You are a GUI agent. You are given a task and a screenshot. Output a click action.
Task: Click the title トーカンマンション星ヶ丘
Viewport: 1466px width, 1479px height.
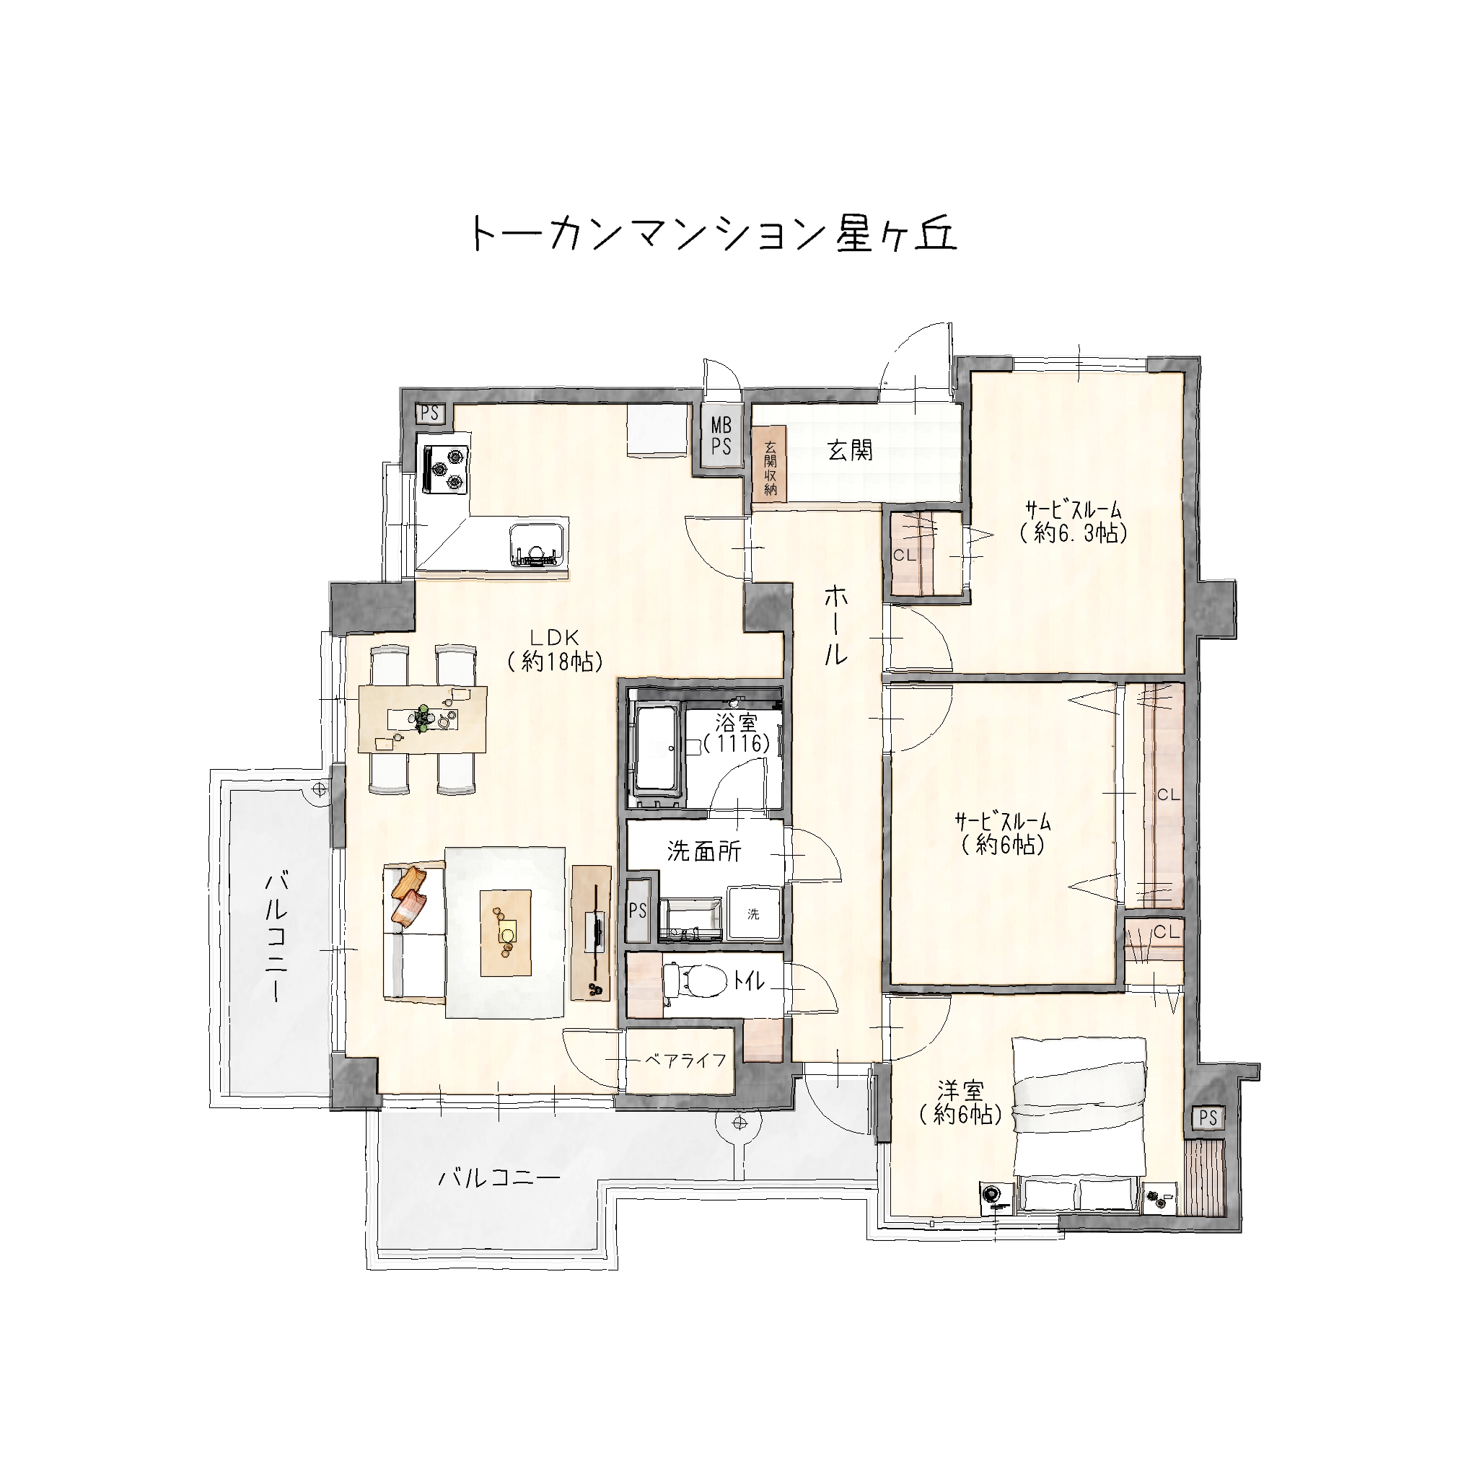click(x=713, y=233)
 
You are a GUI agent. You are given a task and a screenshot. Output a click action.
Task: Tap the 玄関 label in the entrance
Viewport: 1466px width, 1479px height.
click(x=850, y=450)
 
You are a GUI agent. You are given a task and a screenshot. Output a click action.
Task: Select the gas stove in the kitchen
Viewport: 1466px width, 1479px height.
click(x=444, y=468)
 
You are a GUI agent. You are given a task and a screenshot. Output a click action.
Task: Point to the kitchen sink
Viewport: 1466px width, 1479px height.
click(x=537, y=544)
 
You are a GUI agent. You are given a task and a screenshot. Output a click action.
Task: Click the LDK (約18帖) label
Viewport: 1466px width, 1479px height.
click(x=554, y=651)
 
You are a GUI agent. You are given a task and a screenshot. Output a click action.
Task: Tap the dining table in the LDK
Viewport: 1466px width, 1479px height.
click(x=422, y=719)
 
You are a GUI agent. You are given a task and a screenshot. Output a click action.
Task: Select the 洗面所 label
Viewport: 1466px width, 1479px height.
click(x=703, y=851)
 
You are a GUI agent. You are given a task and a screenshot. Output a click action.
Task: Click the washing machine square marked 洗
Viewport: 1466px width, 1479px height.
click(x=753, y=913)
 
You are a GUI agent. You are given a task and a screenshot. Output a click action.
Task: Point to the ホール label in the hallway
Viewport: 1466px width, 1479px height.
click(x=836, y=626)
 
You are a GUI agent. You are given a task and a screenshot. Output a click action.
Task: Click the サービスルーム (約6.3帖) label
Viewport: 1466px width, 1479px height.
click(x=1074, y=522)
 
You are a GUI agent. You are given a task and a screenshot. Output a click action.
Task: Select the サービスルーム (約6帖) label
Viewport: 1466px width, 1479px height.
click(x=1002, y=833)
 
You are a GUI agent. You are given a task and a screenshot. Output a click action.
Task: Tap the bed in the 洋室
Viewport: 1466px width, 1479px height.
click(x=1079, y=1125)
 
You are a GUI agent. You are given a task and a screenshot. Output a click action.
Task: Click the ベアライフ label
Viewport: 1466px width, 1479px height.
click(x=685, y=1060)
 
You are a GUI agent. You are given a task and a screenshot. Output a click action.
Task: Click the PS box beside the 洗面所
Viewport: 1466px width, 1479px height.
click(x=637, y=910)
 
